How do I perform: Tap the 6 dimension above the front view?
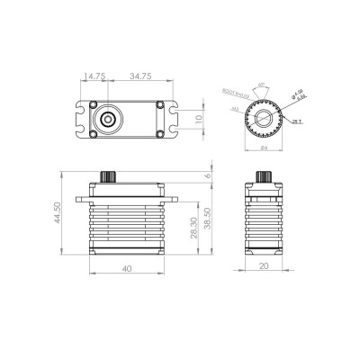[208, 177]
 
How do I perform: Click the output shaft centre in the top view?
[109, 119]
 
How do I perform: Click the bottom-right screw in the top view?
[159, 133]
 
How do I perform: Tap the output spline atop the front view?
[110, 173]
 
